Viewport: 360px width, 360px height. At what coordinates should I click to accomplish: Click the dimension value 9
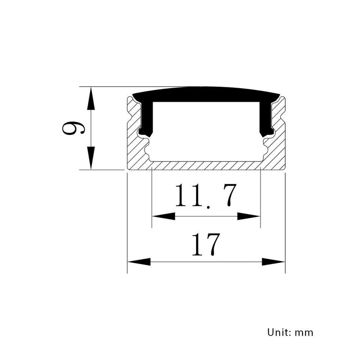(x=73, y=128)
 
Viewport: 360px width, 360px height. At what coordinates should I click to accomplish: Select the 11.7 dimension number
(x=206, y=196)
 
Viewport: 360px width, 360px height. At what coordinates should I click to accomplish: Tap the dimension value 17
(x=206, y=244)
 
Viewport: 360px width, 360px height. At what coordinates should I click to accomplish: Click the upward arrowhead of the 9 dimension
(x=91, y=98)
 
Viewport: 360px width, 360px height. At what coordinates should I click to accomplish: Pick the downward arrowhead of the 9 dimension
(x=91, y=158)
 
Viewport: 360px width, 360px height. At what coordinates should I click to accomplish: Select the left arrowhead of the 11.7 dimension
(x=163, y=216)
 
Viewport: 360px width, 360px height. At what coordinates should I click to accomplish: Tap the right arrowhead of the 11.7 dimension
(x=249, y=216)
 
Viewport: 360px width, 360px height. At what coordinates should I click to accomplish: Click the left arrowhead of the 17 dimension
(x=139, y=262)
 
